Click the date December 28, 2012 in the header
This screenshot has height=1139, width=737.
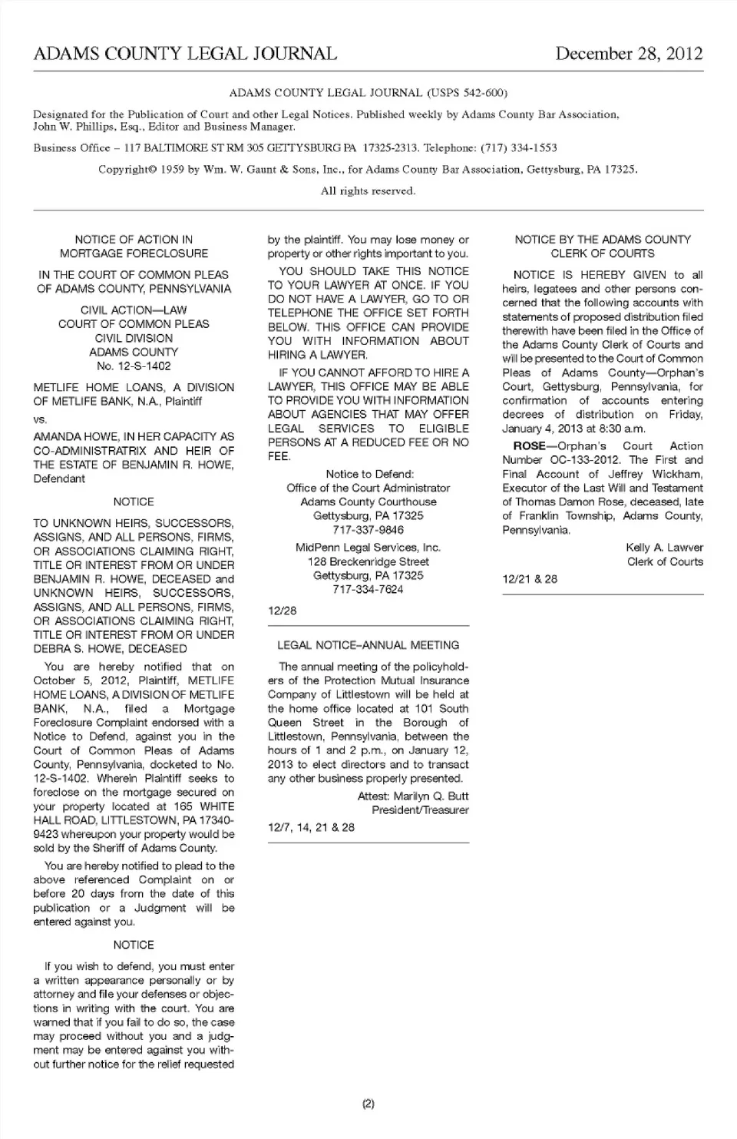coord(629,54)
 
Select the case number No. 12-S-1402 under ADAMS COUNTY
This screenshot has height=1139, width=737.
coord(134,366)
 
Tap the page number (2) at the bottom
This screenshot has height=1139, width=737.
coord(368,1104)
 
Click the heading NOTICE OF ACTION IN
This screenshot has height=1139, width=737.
coord(134,240)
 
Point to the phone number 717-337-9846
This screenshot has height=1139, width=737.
coord(368,530)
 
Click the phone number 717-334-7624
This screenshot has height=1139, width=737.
coord(368,589)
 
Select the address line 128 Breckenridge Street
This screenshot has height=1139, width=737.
coord(368,561)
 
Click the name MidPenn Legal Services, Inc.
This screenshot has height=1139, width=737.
coord(368,548)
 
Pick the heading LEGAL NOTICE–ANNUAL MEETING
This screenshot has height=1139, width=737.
coord(368,645)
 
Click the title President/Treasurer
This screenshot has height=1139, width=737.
coord(420,810)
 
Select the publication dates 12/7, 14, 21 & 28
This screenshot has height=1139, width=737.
coord(311,827)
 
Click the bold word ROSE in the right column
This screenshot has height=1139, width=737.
coord(529,446)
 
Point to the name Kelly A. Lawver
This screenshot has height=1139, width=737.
coord(664,548)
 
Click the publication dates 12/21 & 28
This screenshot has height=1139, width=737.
coord(530,579)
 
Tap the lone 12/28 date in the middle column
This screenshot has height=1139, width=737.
coord(282,611)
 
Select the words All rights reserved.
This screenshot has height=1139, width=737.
coord(368,190)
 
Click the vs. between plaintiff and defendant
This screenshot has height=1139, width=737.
coord(40,419)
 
